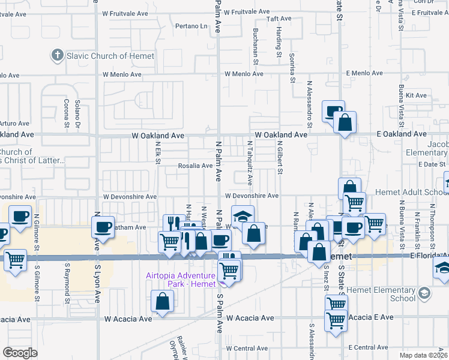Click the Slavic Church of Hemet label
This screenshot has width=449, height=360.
click(x=111, y=56)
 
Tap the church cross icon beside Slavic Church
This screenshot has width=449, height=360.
click(x=58, y=56)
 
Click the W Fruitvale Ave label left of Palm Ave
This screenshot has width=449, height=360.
click(x=124, y=13)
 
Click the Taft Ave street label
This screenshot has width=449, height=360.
click(x=279, y=19)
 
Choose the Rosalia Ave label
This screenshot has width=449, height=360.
click(x=194, y=166)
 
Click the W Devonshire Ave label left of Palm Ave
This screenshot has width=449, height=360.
click(x=130, y=197)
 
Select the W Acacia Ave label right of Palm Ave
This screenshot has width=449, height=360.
click(x=250, y=318)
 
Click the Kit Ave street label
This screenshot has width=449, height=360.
click(x=416, y=95)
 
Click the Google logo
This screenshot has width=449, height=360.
click(x=20, y=353)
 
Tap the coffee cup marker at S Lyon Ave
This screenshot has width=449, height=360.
click(x=103, y=227)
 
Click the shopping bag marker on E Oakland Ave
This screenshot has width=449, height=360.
click(x=345, y=122)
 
